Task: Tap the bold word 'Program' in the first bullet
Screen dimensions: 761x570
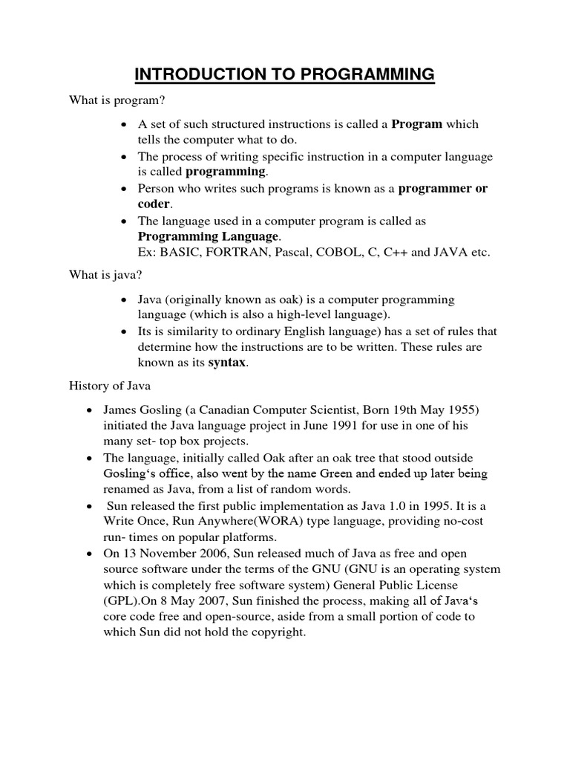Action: point(416,124)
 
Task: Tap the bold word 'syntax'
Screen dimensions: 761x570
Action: point(226,363)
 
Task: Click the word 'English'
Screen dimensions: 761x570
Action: point(297,331)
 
